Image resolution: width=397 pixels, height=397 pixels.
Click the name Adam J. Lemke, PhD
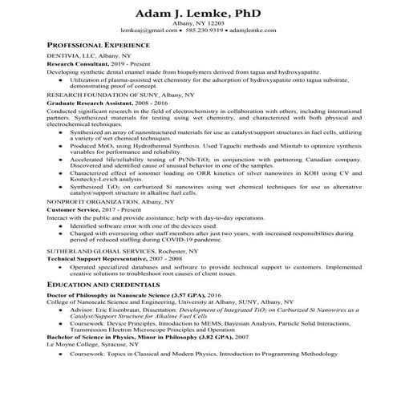pos(198,14)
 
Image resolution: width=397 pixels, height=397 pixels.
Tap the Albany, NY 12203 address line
pos(198,26)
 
